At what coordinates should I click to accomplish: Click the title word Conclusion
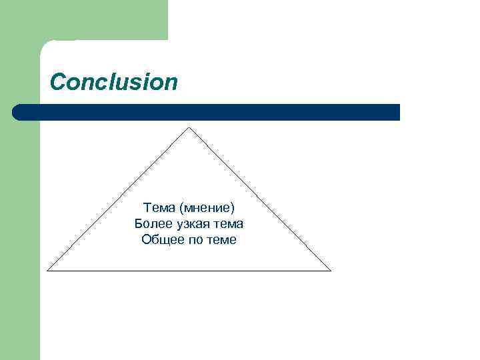(x=114, y=82)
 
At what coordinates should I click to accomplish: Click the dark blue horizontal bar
(x=207, y=112)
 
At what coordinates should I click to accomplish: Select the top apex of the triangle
(x=189, y=128)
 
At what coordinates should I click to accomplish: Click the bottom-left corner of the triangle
(x=48, y=271)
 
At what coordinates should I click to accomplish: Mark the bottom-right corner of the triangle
(x=330, y=271)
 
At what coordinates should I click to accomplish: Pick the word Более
(x=150, y=223)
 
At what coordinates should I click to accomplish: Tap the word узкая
(x=191, y=223)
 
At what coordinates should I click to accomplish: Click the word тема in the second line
(x=229, y=223)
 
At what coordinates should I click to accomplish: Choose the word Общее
(x=160, y=239)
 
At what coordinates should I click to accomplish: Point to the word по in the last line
(x=193, y=239)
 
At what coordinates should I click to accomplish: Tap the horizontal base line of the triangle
(x=189, y=271)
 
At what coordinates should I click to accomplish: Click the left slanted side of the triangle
(x=119, y=199)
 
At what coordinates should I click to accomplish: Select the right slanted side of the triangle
(x=260, y=199)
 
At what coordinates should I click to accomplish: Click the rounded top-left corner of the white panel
(x=45, y=45)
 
